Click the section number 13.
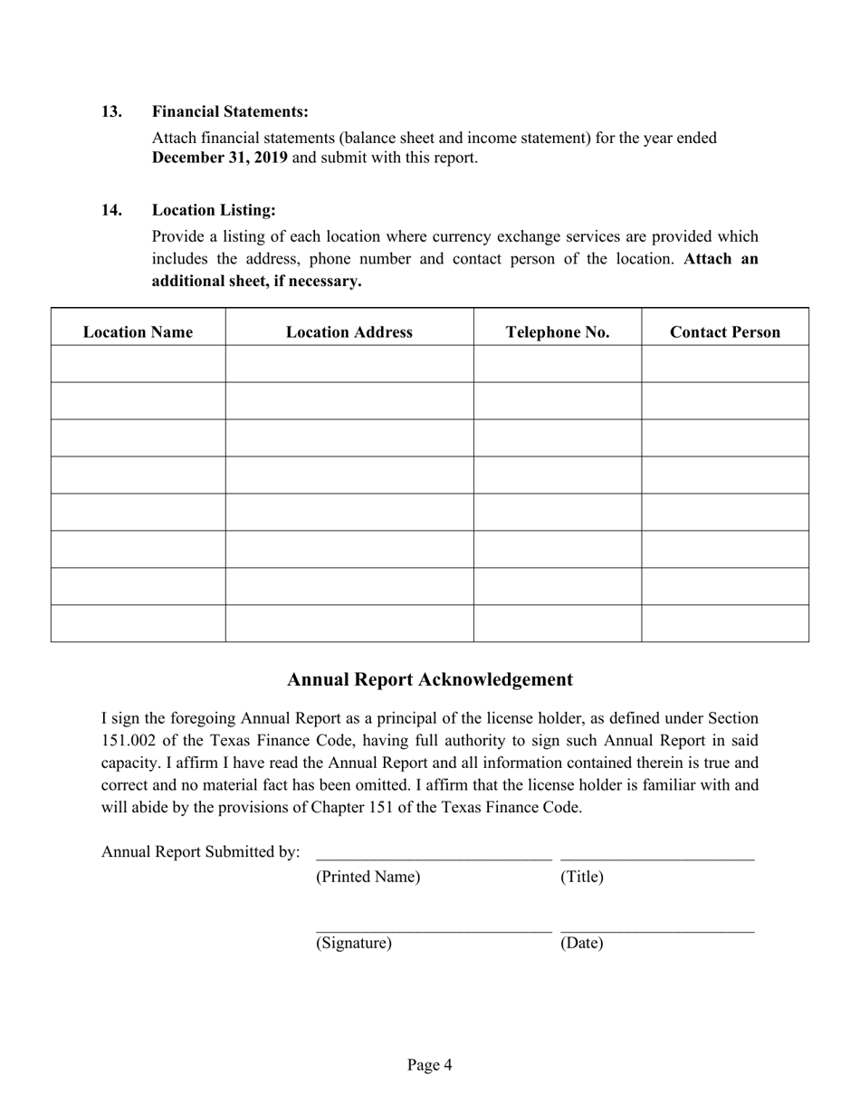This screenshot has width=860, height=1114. [111, 111]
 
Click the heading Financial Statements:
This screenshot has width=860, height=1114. [230, 111]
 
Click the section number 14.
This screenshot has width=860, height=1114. [111, 210]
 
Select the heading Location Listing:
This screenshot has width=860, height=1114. [214, 210]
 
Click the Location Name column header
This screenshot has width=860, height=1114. [138, 332]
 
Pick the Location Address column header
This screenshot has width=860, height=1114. [349, 332]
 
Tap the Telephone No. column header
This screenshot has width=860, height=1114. [558, 332]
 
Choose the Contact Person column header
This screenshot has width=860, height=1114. [725, 332]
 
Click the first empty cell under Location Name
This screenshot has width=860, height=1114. [138, 364]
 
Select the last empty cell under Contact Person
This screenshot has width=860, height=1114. [725, 623]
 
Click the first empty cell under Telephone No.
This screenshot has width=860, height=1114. [558, 364]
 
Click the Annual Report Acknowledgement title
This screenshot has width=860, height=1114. [430, 679]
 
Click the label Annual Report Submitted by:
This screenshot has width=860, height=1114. [201, 851]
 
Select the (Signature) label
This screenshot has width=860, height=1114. [354, 944]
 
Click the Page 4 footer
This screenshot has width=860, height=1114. [430, 1065]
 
